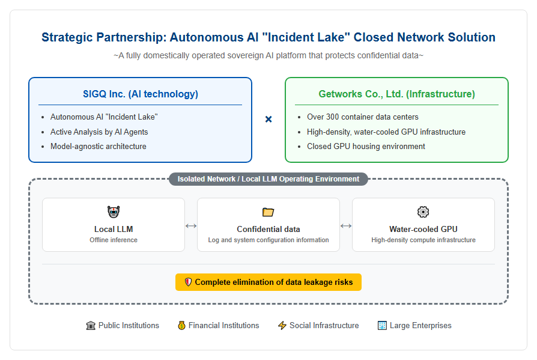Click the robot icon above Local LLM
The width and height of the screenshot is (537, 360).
point(114,212)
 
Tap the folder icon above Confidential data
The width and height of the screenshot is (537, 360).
point(268,212)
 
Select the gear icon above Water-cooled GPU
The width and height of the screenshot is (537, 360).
point(423,212)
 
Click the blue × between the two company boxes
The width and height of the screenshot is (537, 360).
point(268,119)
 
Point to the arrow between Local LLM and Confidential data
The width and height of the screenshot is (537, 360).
point(191,226)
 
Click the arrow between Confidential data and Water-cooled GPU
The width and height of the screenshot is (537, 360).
point(346,226)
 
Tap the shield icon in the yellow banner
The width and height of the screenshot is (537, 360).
point(188,282)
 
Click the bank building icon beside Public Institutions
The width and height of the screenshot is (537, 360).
point(91,325)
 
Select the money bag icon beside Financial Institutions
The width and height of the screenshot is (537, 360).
point(181,325)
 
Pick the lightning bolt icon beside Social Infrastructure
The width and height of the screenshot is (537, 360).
point(282,325)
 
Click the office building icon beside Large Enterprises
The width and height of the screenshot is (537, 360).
point(382,325)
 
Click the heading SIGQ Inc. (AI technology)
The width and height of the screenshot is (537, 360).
point(141,94)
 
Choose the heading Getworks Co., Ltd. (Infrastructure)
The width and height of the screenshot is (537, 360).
point(396,94)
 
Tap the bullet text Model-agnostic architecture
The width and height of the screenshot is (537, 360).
point(99,146)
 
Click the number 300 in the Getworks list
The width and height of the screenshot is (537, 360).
point(332,117)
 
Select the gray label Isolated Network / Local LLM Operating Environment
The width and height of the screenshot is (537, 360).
point(268,179)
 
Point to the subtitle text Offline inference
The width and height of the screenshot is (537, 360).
point(114,240)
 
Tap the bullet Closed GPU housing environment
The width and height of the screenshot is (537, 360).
point(366,146)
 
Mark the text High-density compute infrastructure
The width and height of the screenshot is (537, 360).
point(423,240)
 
